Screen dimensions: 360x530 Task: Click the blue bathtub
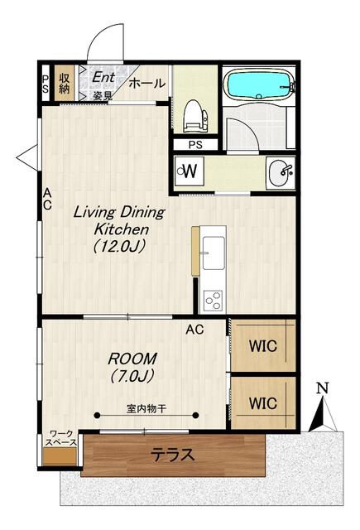tap(260, 84)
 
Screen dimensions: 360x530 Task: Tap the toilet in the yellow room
tap(195, 116)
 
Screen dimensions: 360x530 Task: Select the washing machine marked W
tap(190, 171)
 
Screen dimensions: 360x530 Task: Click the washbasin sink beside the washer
tap(281, 173)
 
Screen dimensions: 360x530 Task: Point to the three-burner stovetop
tap(213, 300)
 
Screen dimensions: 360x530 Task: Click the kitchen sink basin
tap(214, 253)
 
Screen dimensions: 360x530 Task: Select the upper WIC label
tap(262, 346)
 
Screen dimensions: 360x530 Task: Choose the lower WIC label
tap(262, 403)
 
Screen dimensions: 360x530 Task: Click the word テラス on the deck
tap(173, 455)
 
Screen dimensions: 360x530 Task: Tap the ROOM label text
tap(132, 359)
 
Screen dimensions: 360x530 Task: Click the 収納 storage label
tap(65, 83)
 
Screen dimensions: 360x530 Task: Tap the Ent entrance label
tap(103, 77)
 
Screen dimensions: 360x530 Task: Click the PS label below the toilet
tap(195, 145)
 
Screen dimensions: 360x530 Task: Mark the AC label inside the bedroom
tap(194, 330)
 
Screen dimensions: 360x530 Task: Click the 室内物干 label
tap(146, 408)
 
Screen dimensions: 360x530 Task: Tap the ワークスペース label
tap(61, 438)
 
